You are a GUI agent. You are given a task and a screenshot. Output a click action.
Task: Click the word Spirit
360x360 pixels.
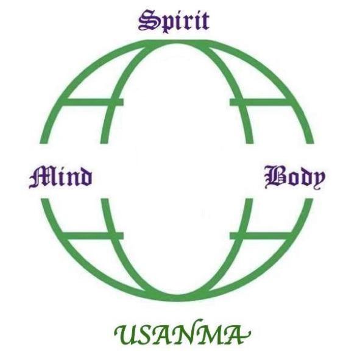tap(174, 21)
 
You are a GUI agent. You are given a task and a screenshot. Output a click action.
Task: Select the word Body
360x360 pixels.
tap(295, 177)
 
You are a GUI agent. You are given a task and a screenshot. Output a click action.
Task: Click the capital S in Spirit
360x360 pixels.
tap(147, 21)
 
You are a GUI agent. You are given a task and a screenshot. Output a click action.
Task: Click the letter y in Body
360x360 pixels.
tap(318, 180)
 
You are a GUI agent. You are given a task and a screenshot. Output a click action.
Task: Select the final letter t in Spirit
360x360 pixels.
tap(204, 22)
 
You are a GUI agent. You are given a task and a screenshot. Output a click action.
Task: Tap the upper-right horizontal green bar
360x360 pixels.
tap(259, 102)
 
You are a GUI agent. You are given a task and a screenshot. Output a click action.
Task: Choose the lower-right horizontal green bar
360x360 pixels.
tap(259, 236)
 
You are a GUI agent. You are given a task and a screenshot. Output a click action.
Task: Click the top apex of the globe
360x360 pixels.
tap(177, 42)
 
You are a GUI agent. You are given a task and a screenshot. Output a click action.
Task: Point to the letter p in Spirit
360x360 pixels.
tap(165, 24)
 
